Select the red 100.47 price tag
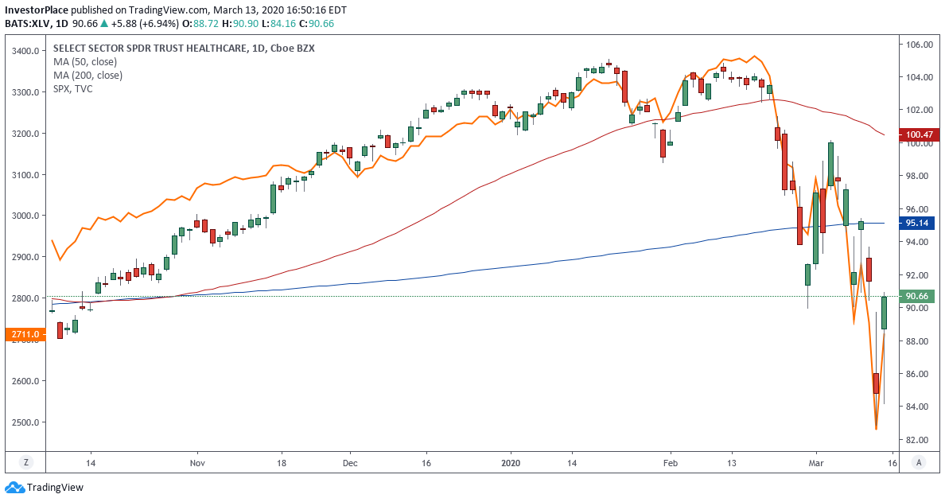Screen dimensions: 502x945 coord(918,134)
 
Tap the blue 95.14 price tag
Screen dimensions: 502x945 coord(918,224)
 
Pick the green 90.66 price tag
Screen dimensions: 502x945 coord(918,296)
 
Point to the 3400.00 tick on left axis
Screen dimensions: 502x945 coord(26,51)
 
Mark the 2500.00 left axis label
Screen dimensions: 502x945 coord(26,422)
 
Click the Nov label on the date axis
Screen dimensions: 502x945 coord(198,462)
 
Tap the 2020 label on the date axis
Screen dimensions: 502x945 coord(511,462)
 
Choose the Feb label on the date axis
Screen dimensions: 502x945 coord(670,462)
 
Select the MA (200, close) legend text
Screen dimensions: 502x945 coord(87,76)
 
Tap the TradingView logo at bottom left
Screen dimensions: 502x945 coord(45,488)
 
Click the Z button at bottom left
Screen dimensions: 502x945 coord(26,462)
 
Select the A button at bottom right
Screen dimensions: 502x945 coord(919,462)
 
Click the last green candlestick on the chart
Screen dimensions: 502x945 coord(884,313)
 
